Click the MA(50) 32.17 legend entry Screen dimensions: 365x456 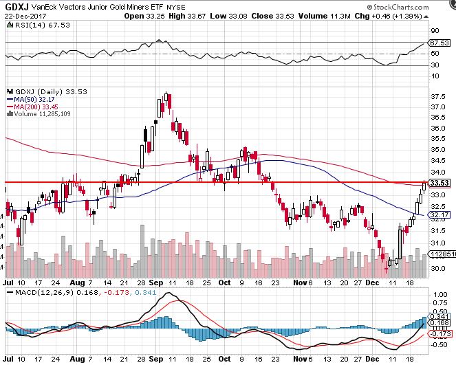34,99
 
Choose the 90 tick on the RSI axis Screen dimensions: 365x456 435,31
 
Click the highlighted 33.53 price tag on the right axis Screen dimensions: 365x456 439,183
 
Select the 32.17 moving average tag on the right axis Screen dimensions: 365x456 439,214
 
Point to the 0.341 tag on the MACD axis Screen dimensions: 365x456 439,316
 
